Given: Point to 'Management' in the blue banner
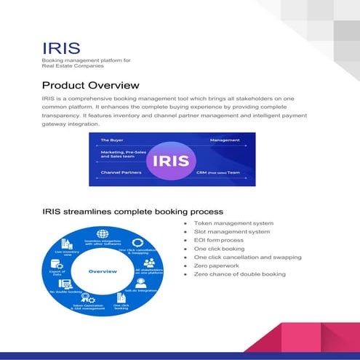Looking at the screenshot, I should pos(225,140).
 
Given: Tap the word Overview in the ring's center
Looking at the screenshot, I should pos(102,271).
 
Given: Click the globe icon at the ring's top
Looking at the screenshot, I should pos(102,234).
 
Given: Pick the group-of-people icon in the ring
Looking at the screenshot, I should pos(148,262).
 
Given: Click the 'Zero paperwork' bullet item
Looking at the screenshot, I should pos(217,265).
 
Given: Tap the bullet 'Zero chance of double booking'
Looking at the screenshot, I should pos(239,274).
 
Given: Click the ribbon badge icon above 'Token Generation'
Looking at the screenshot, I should pos(86,298).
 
